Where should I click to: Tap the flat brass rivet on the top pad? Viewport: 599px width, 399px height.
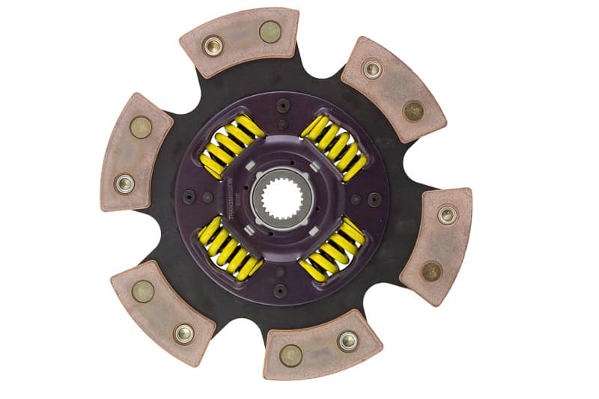tap(270, 31)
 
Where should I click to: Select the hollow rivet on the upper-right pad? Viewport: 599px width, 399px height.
tap(372, 70)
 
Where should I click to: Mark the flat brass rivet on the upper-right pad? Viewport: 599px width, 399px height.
tap(413, 111)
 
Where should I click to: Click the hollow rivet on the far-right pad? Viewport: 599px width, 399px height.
tap(447, 215)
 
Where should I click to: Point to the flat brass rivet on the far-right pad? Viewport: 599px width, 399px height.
tap(431, 271)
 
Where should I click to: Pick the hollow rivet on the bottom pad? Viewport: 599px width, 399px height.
tap(347, 341)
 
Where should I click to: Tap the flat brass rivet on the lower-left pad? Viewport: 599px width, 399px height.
tap(143, 290)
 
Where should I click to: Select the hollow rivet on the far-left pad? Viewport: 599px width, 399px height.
tap(124, 183)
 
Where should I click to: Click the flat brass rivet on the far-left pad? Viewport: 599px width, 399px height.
tap(140, 127)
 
